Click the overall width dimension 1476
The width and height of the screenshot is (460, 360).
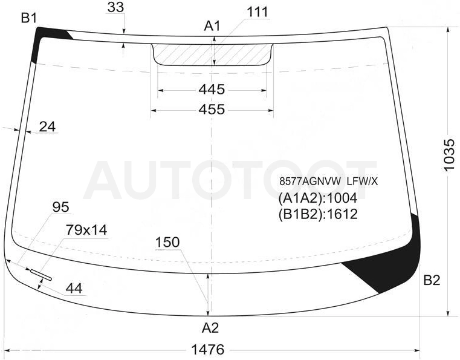[x=208, y=350]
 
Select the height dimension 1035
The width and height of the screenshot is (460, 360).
[x=449, y=155]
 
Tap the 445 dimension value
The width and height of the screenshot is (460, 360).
[x=212, y=90]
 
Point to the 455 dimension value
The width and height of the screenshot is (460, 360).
[x=212, y=110]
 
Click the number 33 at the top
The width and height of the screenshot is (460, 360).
[x=115, y=7]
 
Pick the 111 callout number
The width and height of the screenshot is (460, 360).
[x=258, y=13]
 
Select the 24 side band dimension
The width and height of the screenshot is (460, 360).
[x=47, y=127]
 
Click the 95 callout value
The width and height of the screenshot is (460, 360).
[x=60, y=208]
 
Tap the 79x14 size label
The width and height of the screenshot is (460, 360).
[x=86, y=230]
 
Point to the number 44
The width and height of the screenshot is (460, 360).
[x=74, y=289]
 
